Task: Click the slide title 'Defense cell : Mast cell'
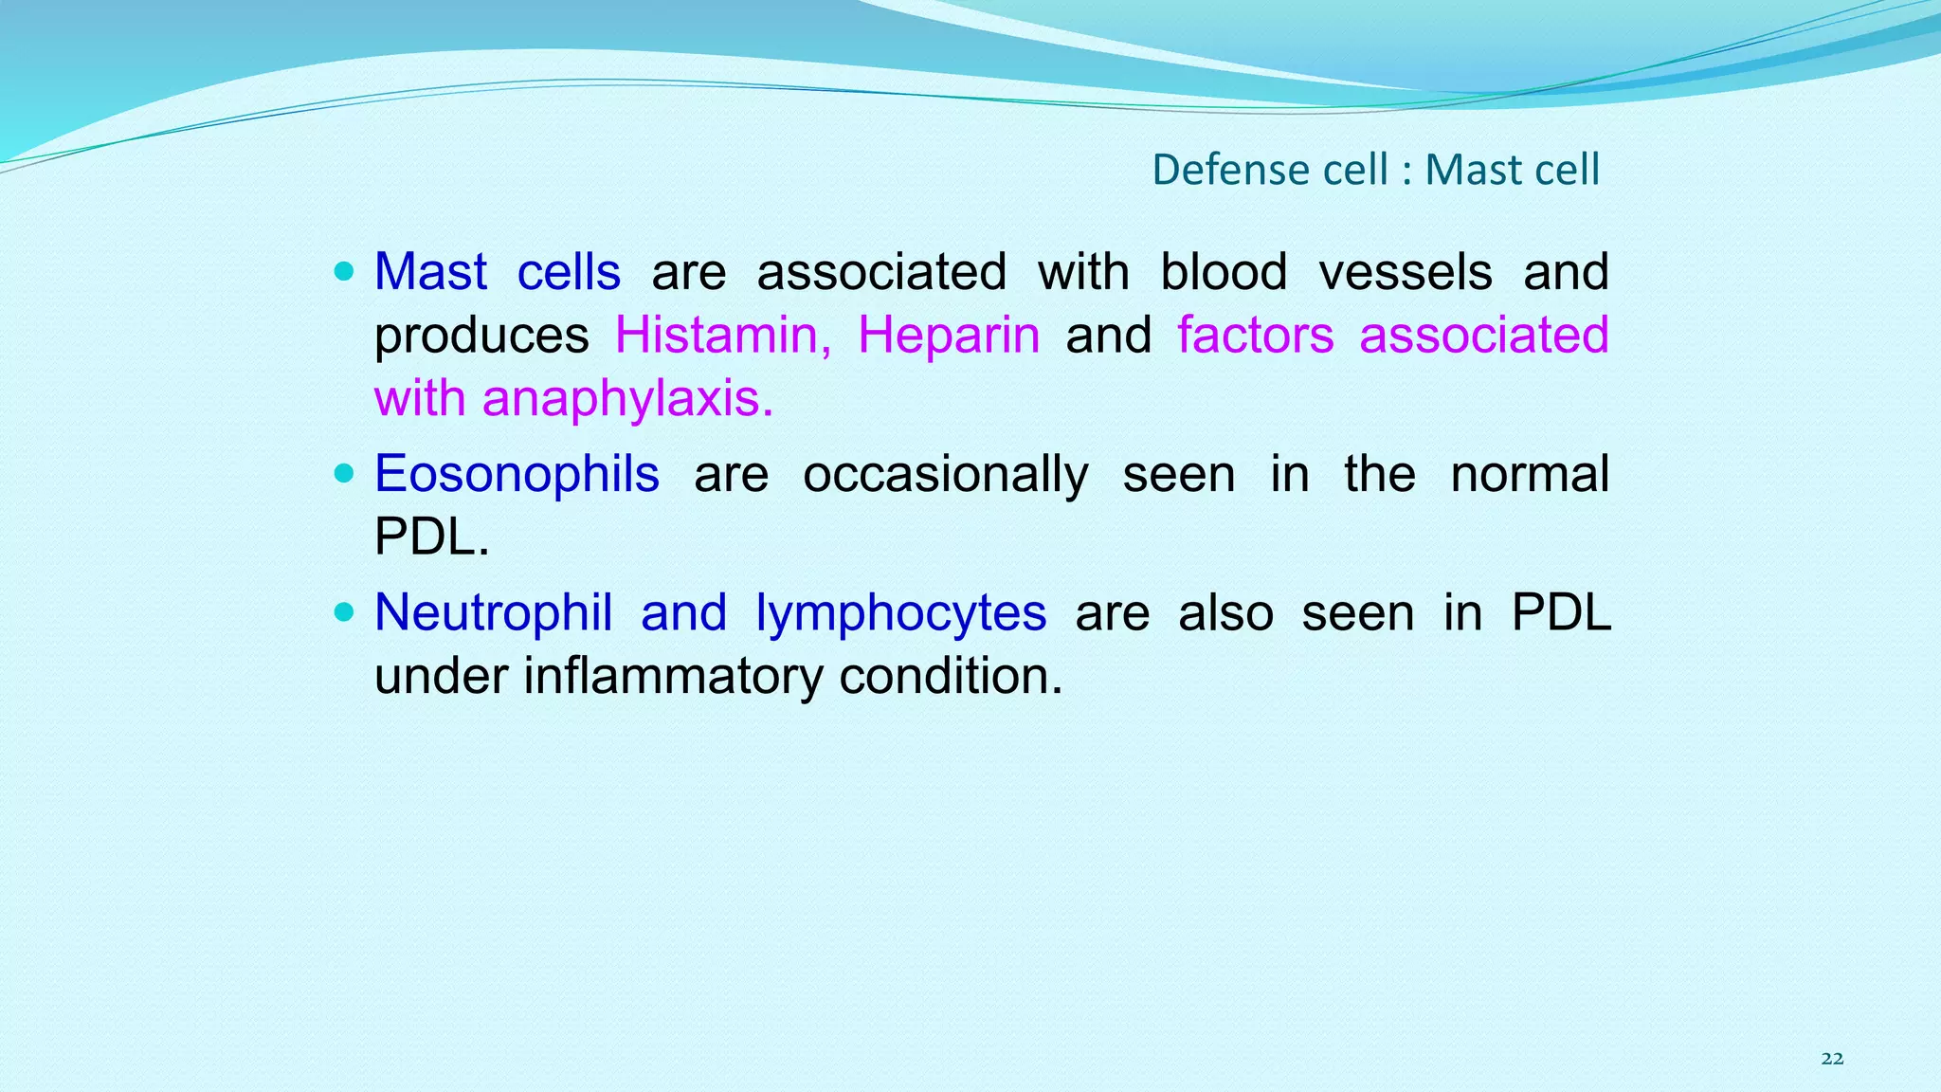pyautogui.click(x=1375, y=170)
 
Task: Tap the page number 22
pyautogui.click(x=1832, y=1059)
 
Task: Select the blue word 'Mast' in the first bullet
pyautogui.click(x=430, y=272)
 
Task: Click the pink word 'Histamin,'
pyautogui.click(x=723, y=336)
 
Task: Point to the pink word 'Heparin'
pyautogui.click(x=949, y=336)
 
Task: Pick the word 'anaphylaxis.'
pyautogui.click(x=627, y=399)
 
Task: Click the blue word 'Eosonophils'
pyautogui.click(x=517, y=474)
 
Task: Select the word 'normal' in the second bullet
pyautogui.click(x=1529, y=474)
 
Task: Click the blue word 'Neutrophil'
pyautogui.click(x=493, y=612)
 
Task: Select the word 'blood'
pyautogui.click(x=1224, y=272)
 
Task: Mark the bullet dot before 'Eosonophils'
pyautogui.click(x=344, y=473)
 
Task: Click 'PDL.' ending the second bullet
pyautogui.click(x=431, y=537)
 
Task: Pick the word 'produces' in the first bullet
pyautogui.click(x=481, y=337)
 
